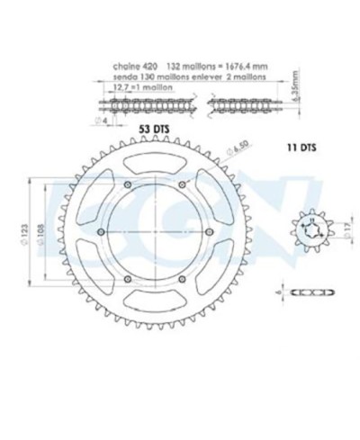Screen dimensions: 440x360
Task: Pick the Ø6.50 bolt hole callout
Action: [213, 148]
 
